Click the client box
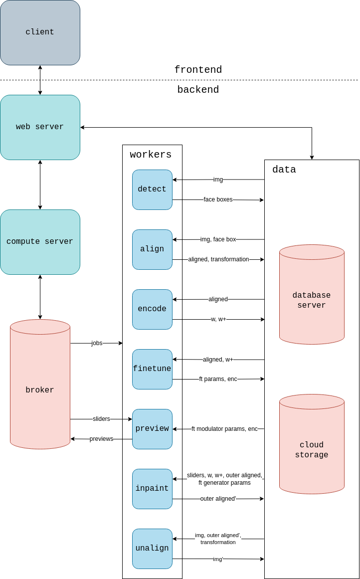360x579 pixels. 40,32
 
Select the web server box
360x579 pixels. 40,127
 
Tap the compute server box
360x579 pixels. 40,242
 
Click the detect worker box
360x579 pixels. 152,190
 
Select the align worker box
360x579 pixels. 152,249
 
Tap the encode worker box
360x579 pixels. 152,309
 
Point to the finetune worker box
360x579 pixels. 152,369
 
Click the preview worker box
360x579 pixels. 152,429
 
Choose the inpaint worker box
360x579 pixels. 152,489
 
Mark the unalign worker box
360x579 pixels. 152,549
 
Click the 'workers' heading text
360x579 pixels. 151,155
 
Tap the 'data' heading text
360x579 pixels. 284,170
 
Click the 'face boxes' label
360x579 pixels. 218,199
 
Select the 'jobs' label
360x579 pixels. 97,343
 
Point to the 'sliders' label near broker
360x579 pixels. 101,419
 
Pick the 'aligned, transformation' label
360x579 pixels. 218,259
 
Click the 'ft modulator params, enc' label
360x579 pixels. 224,429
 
